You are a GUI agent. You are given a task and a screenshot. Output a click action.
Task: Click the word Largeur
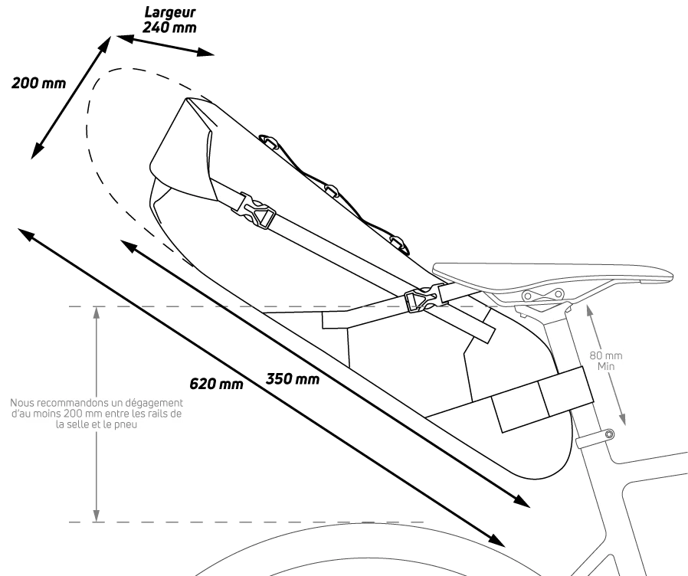(x=170, y=13)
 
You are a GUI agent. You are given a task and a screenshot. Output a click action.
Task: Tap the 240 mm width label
(x=170, y=28)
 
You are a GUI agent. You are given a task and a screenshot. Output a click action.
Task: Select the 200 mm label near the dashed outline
(x=38, y=83)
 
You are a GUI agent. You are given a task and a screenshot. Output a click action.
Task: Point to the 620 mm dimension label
(x=216, y=384)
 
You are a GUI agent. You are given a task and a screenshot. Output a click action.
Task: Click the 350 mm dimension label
(x=293, y=378)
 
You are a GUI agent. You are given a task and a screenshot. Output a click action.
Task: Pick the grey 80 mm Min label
(x=606, y=361)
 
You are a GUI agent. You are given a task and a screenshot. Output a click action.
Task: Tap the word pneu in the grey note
(x=126, y=424)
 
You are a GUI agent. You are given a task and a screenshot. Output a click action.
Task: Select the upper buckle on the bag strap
(x=257, y=211)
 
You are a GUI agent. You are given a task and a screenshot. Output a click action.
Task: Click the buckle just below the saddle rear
(x=421, y=299)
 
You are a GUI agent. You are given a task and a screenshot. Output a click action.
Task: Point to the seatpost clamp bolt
(x=608, y=435)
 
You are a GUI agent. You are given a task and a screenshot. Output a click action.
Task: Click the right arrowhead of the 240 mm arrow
(x=205, y=52)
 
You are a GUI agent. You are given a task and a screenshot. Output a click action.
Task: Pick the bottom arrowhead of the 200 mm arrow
(x=37, y=150)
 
